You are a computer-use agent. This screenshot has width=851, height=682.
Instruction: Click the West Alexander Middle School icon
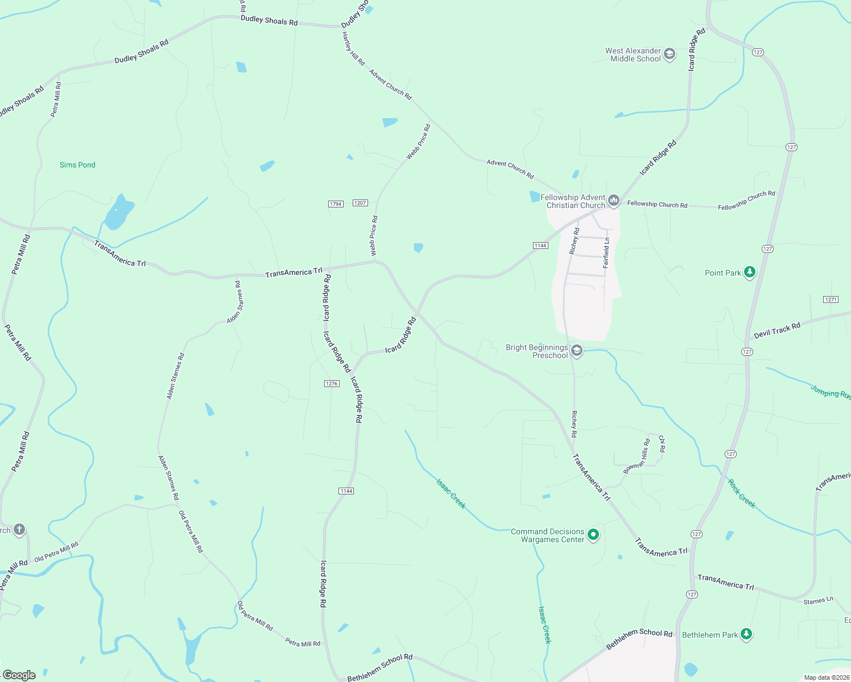[670, 54]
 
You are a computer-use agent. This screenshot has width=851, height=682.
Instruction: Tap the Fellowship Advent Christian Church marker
[614, 201]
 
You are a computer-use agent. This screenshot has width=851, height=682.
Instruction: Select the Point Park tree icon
[750, 272]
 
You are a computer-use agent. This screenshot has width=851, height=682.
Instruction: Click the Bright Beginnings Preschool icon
[577, 351]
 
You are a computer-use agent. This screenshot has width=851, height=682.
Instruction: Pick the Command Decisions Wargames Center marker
[593, 535]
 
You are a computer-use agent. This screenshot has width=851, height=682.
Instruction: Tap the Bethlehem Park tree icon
[746, 634]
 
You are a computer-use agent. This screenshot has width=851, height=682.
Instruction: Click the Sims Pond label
[77, 165]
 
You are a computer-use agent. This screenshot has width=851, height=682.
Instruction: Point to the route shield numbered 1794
[336, 204]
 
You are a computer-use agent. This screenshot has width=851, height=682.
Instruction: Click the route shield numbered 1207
[360, 203]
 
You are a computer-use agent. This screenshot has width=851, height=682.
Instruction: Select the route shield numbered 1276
[332, 384]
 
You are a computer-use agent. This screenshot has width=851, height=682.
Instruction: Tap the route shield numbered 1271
[831, 300]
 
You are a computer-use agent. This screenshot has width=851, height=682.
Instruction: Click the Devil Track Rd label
[777, 330]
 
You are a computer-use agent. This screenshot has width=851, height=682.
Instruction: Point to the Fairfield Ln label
[606, 253]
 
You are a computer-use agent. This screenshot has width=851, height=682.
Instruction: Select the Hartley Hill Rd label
[353, 49]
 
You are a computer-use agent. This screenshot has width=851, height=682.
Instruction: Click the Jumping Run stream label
[830, 392]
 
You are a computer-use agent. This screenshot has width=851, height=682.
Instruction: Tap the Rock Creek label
[742, 493]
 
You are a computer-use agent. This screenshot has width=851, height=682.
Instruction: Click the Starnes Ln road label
[818, 601]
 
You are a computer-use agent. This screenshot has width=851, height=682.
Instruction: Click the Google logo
[19, 675]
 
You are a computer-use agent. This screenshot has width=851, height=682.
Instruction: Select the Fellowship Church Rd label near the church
[657, 204]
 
